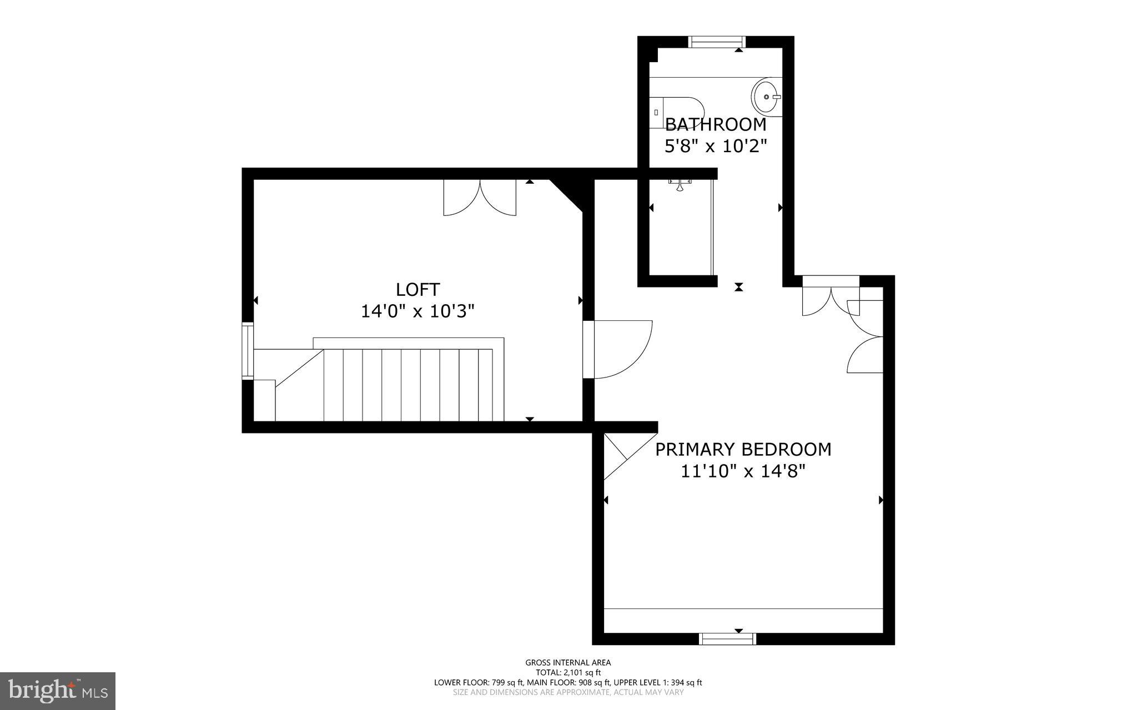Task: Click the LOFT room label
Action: [x=417, y=289]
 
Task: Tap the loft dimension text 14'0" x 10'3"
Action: [x=417, y=311]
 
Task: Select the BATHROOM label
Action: [x=716, y=124]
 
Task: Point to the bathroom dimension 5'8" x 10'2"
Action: [x=716, y=146]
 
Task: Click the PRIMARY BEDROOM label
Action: [x=743, y=449]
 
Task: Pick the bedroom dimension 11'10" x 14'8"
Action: [x=743, y=471]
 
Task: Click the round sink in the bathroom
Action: [x=766, y=97]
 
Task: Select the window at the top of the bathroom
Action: [x=716, y=42]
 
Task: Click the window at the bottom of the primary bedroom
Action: [x=727, y=639]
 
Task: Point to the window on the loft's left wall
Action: [x=248, y=351]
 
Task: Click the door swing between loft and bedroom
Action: [x=619, y=350]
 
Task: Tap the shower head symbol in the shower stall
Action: [x=680, y=185]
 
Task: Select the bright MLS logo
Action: [x=58, y=691]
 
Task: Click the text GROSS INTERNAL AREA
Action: [x=568, y=662]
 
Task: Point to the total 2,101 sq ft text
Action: [x=568, y=672]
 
